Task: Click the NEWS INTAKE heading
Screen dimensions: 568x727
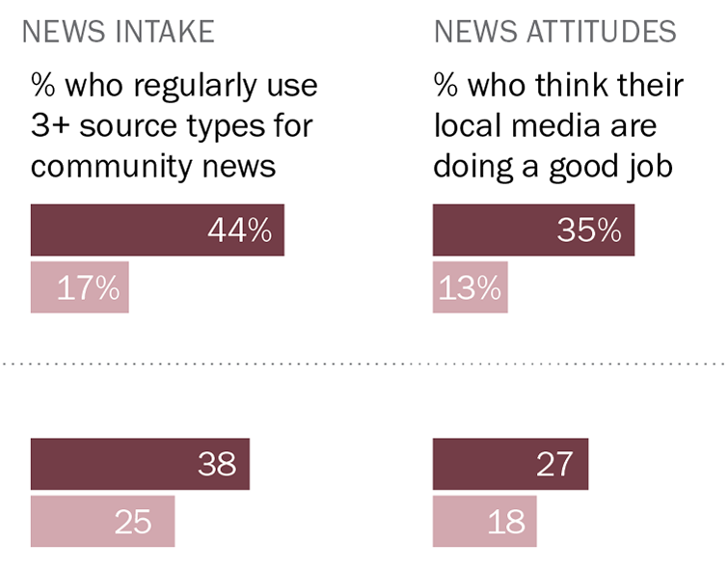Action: coord(118,32)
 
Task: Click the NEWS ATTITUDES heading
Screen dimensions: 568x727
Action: coord(555,32)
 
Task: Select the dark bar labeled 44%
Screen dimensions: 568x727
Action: coord(157,230)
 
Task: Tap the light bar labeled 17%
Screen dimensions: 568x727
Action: coord(79,287)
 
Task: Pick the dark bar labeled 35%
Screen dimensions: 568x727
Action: coord(533,230)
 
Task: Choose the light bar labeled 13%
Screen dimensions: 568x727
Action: coord(470,287)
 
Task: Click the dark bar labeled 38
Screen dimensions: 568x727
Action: coord(140,464)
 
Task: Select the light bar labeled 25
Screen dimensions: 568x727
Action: coord(102,521)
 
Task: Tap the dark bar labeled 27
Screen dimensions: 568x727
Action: coord(510,464)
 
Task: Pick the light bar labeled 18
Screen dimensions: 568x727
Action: coord(484,521)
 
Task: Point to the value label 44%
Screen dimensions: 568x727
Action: coord(239,230)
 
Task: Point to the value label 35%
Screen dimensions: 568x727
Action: coord(589,230)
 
